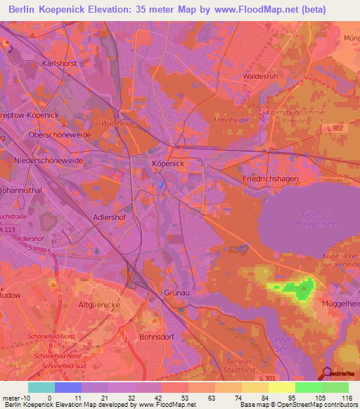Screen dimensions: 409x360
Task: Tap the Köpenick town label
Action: tap(168, 163)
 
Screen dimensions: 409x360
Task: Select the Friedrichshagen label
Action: tap(271, 179)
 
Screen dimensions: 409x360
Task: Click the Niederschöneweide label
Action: tap(49, 161)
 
